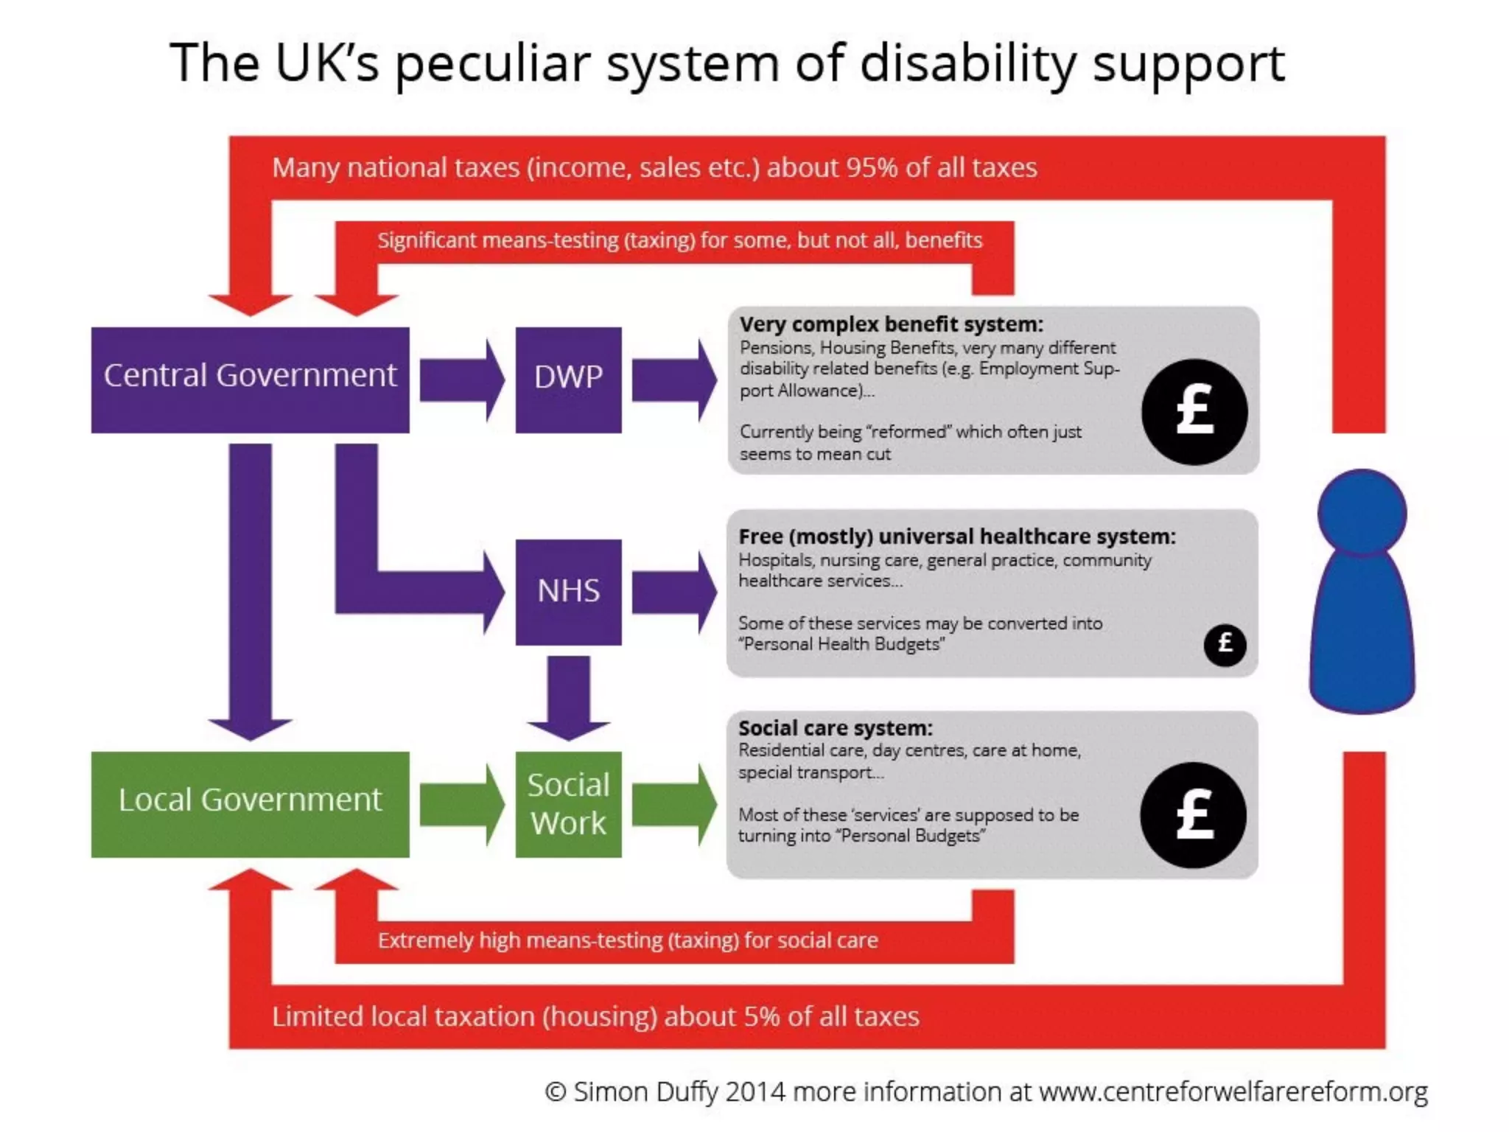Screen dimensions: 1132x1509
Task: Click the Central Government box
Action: pyautogui.click(x=250, y=380)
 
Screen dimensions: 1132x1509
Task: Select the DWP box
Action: pyautogui.click(x=568, y=380)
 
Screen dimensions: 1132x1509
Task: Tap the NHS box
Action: pyautogui.click(x=568, y=592)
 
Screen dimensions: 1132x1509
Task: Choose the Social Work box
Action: pyautogui.click(x=568, y=804)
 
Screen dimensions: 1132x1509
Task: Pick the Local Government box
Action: pyautogui.click(x=250, y=804)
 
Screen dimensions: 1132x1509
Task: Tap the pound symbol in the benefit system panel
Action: pyautogui.click(x=1194, y=411)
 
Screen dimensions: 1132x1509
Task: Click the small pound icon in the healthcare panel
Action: pyautogui.click(x=1225, y=644)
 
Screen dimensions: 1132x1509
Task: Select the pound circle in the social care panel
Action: pyautogui.click(x=1193, y=814)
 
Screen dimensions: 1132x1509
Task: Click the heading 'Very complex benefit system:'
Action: pyautogui.click(x=891, y=324)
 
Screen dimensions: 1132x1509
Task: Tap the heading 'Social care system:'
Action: pyautogui.click(x=835, y=728)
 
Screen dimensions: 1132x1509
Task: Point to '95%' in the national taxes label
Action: pyautogui.click(x=872, y=168)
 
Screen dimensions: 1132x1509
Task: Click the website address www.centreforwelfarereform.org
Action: pyautogui.click(x=1233, y=1091)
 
